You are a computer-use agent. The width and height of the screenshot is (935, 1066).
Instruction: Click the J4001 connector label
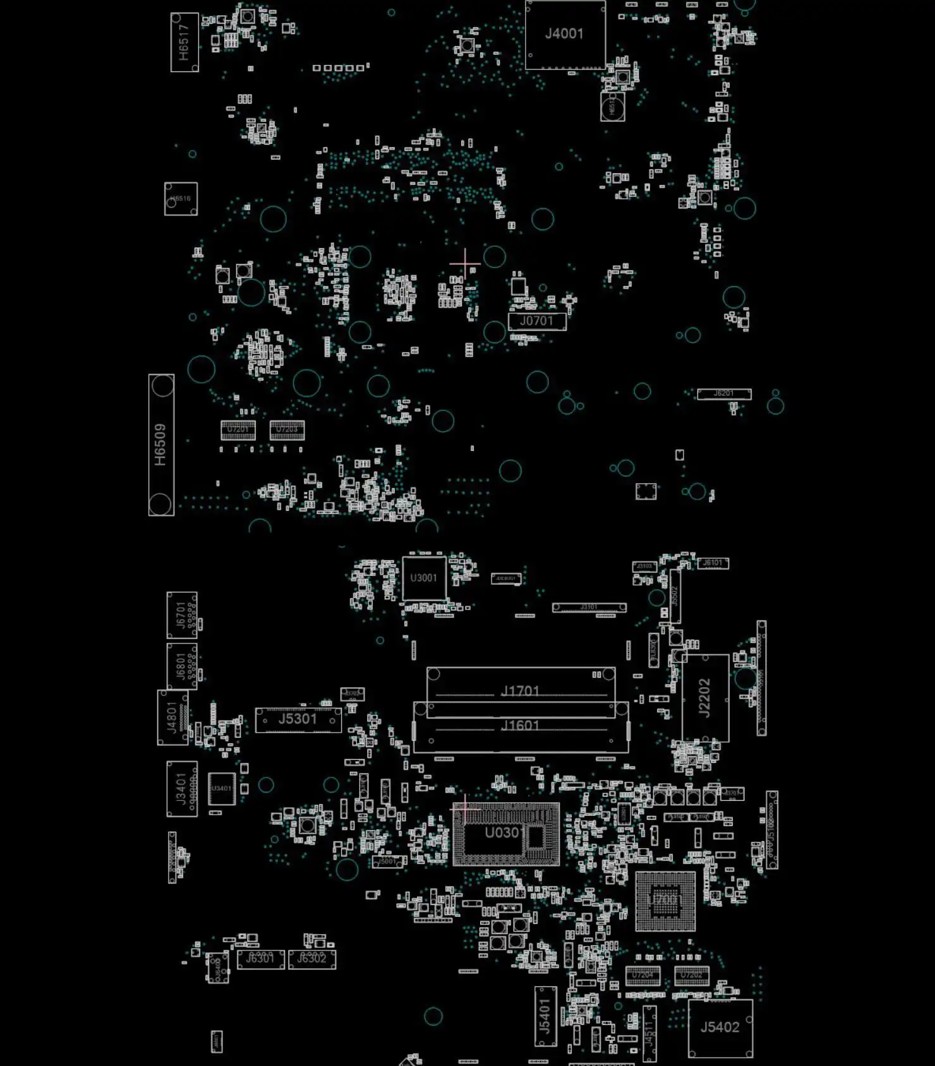pyautogui.click(x=564, y=33)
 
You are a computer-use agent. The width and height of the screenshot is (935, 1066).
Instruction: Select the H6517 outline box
pyautogui.click(x=184, y=42)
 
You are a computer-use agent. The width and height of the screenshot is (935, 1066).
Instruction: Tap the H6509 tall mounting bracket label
pyautogui.click(x=160, y=445)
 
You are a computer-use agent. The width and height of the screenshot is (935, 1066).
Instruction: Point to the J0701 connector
pyautogui.click(x=536, y=321)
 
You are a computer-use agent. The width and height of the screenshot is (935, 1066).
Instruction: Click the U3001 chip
pyautogui.click(x=423, y=578)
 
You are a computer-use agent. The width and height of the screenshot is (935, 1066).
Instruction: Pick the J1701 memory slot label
pyautogui.click(x=520, y=692)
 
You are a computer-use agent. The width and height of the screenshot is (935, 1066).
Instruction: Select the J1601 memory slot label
pyautogui.click(x=520, y=726)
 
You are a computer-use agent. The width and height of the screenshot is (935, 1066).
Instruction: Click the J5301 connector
pyautogui.click(x=298, y=719)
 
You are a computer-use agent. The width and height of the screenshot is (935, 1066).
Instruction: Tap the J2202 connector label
pyautogui.click(x=704, y=698)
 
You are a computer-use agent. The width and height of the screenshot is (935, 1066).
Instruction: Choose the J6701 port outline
pyautogui.click(x=181, y=615)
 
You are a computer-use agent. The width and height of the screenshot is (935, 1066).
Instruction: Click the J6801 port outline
pyautogui.click(x=181, y=666)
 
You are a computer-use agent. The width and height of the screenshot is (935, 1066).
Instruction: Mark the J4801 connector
pyautogui.click(x=172, y=717)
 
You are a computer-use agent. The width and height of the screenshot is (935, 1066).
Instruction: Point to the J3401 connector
pyautogui.click(x=181, y=789)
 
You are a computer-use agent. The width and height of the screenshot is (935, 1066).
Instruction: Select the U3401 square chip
pyautogui.click(x=221, y=789)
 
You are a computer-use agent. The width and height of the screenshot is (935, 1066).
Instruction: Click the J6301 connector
pyautogui.click(x=260, y=959)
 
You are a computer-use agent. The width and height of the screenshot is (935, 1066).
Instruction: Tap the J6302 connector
pyautogui.click(x=311, y=959)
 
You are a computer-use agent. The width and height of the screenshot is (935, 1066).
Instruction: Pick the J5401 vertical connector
pyautogui.click(x=545, y=1016)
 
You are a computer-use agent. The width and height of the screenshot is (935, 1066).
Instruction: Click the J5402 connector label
pyautogui.click(x=720, y=1027)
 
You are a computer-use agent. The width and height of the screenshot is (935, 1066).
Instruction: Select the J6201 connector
pyautogui.click(x=724, y=393)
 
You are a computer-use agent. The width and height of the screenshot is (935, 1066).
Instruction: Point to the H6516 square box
pyautogui.click(x=181, y=199)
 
